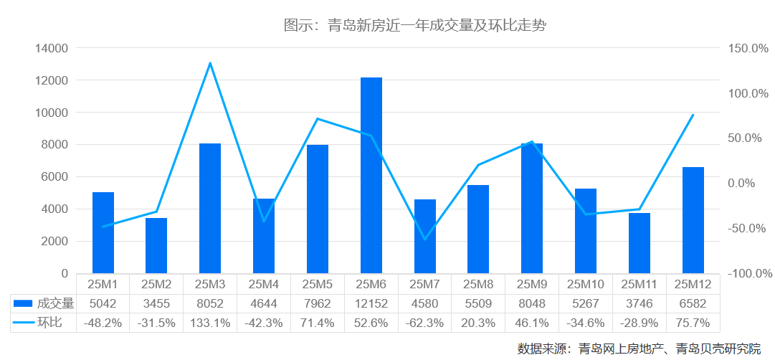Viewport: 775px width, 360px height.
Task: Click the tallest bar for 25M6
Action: pos(371,176)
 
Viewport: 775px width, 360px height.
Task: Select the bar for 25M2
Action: pos(156,245)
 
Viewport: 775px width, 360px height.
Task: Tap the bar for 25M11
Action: pos(640,243)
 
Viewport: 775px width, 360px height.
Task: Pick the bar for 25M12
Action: pos(693,220)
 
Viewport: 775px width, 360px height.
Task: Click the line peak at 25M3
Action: pos(210,63)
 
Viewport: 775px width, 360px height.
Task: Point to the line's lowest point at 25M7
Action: pos(425,239)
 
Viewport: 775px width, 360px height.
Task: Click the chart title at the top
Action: pos(415,26)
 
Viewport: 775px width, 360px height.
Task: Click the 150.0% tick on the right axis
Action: pos(747,49)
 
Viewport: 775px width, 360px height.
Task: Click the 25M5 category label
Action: pos(318,285)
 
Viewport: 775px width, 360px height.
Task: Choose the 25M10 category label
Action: pos(586,285)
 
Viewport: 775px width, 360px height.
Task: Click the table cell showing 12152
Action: pos(371,303)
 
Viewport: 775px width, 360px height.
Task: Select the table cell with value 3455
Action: pos(156,303)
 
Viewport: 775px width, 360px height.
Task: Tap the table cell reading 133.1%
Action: pos(210,323)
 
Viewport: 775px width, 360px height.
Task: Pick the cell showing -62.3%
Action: pos(425,323)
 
